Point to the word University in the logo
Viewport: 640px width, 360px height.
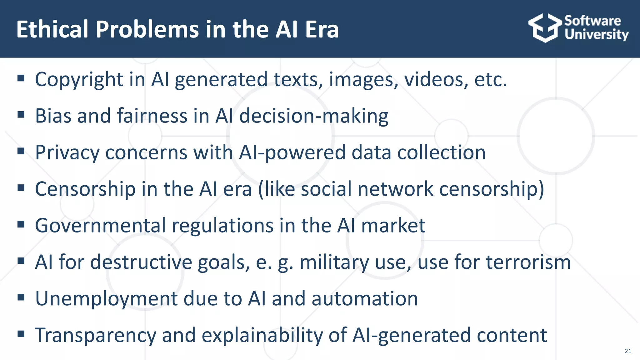(596, 34)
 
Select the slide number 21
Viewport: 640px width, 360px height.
(628, 351)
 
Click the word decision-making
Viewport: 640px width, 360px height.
(314, 116)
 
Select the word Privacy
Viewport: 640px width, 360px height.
(67, 152)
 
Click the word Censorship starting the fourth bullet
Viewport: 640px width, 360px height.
(85, 189)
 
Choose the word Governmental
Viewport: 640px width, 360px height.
(100, 226)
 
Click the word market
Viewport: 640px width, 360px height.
(393, 226)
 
